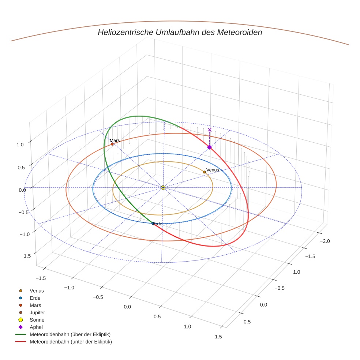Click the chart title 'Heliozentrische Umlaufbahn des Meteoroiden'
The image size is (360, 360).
(180, 32)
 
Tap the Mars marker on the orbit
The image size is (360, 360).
(112, 144)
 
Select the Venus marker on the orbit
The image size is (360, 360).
(204, 172)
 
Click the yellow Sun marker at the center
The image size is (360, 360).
(163, 188)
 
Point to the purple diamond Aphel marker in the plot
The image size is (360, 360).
(209, 147)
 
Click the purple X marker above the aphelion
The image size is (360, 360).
(210, 130)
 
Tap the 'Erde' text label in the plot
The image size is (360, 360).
(157, 224)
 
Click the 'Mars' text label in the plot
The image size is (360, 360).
(115, 140)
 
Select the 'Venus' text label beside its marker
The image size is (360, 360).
(213, 170)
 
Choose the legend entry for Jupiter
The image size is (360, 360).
(37, 312)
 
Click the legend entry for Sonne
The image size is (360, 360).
(37, 320)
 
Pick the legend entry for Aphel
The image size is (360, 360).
(36, 327)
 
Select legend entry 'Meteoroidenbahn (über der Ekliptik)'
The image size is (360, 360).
(70, 334)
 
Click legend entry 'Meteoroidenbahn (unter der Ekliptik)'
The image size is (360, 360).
(71, 342)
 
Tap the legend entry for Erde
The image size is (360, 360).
(35, 298)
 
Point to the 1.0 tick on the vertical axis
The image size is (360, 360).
(20, 145)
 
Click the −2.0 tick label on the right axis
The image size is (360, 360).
(325, 241)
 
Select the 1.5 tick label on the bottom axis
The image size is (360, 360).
(218, 337)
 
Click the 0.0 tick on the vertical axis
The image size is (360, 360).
(22, 190)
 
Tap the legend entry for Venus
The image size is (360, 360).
(37, 290)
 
